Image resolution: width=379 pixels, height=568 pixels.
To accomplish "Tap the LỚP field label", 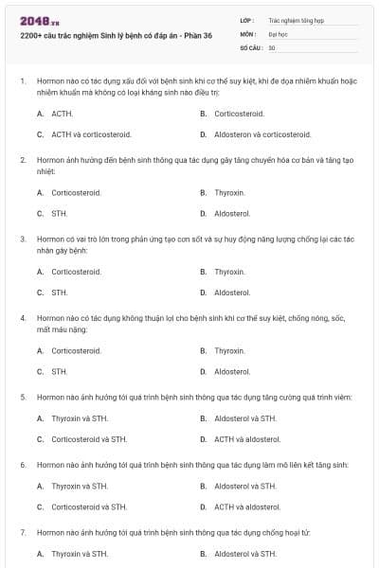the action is pos(247,19).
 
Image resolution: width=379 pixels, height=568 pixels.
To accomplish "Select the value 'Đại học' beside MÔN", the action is pos(279,33).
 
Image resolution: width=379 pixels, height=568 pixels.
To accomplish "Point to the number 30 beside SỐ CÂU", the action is pos(272,46).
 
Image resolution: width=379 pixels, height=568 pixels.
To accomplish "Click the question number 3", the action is pos(23,240).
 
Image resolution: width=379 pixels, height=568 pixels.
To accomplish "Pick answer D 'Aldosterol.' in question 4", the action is pos(232,372).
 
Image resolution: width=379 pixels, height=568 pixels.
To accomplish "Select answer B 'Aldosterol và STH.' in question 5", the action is pos(245,417).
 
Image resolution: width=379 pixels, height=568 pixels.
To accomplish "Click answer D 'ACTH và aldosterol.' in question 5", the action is pos(247,439).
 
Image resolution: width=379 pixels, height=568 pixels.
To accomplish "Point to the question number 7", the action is pos(23,532).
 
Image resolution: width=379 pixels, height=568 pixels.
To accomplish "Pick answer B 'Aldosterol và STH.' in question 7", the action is pos(245,553).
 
